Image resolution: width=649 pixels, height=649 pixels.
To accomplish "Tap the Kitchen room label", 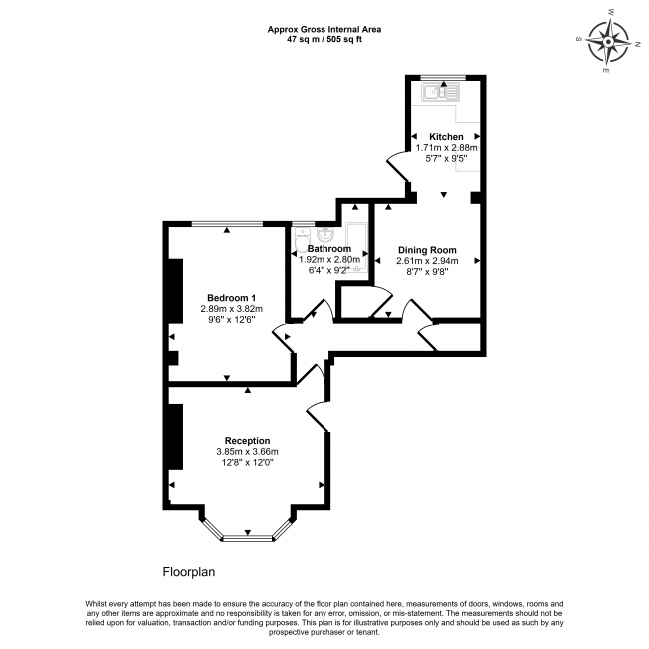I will point(446,136).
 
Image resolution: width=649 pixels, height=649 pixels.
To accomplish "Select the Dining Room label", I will point(427,249).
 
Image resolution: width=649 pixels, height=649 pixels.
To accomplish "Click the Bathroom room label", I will point(328,248).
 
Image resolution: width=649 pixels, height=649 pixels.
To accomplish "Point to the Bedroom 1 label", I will point(231,298).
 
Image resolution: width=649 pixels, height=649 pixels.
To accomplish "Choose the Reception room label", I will point(247,440).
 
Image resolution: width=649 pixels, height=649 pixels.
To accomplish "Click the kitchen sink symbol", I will point(439,94).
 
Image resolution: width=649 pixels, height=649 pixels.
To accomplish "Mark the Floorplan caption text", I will point(190,573).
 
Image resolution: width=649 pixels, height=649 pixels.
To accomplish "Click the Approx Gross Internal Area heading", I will point(324,29).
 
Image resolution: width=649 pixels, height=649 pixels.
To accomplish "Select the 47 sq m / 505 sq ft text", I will point(324,40).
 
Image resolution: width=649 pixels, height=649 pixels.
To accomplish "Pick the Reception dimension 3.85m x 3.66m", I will point(247,451).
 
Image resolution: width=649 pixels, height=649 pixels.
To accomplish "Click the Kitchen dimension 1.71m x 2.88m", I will point(446,147).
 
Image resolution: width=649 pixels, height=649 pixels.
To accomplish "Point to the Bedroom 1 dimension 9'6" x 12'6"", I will point(231,320).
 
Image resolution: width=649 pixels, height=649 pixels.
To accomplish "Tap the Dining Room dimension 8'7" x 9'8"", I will point(427,271).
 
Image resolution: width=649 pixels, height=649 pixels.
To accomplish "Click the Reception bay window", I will point(246,537).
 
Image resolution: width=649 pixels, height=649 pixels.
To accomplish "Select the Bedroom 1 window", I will point(228,223).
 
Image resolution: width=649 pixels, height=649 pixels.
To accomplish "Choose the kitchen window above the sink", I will point(442,77).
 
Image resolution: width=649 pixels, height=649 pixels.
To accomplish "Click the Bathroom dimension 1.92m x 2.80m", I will point(328,259).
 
